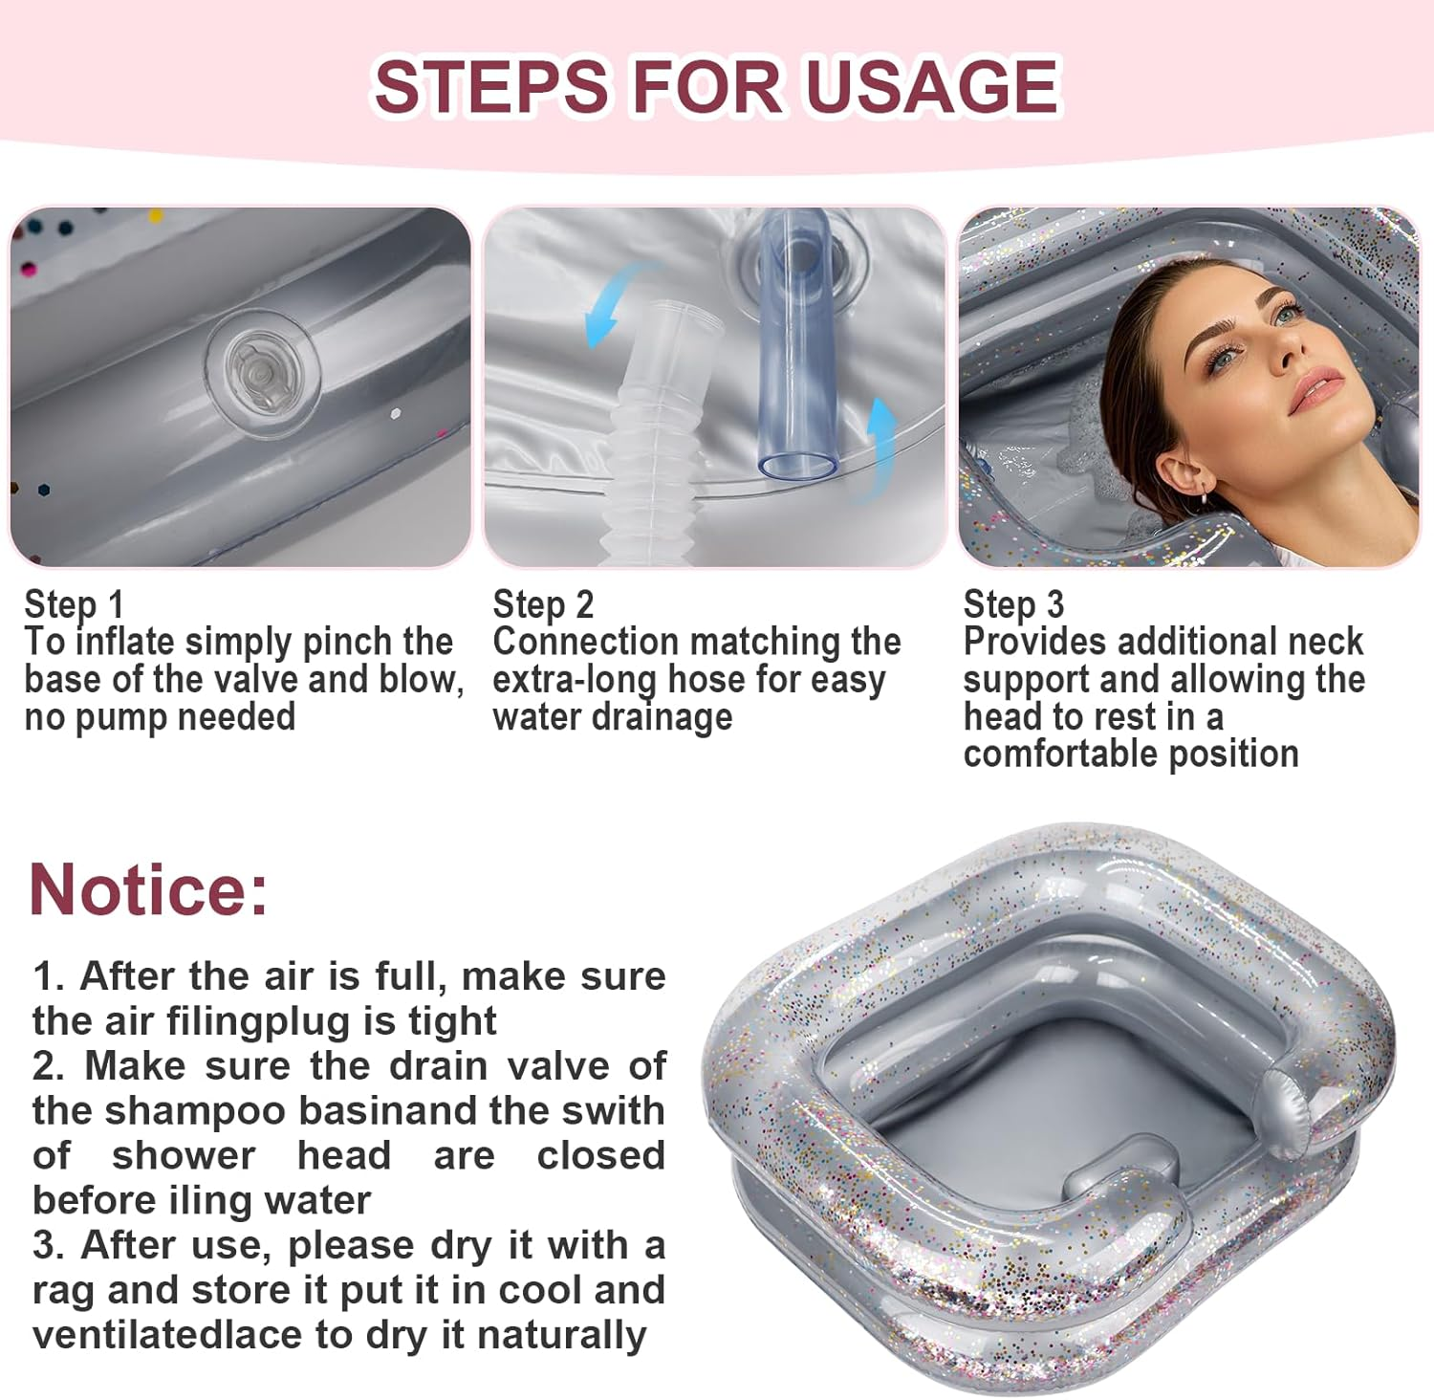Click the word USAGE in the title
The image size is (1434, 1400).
931,86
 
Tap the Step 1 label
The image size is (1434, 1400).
74,604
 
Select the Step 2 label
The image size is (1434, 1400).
543,604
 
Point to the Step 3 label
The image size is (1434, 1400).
1013,604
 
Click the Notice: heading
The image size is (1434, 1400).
148,889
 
